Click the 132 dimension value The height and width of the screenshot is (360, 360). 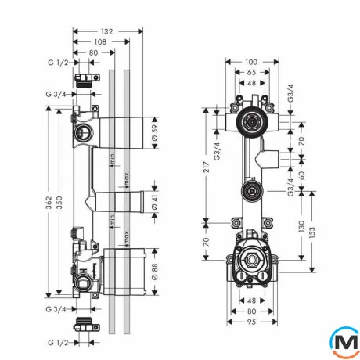pyautogui.click(x=107, y=31)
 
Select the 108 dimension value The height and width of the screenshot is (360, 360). pyautogui.click(x=100, y=41)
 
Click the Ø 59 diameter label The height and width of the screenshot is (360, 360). pyautogui.click(x=155, y=133)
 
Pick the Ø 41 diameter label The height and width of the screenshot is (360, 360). pyautogui.click(x=155, y=202)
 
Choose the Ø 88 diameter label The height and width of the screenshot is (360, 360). pyautogui.click(x=155, y=272)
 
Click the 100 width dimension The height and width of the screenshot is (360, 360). pyautogui.click(x=251, y=62)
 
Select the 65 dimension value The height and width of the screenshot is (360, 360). pyautogui.click(x=251, y=72)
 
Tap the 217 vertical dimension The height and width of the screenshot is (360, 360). pyautogui.click(x=207, y=167)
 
